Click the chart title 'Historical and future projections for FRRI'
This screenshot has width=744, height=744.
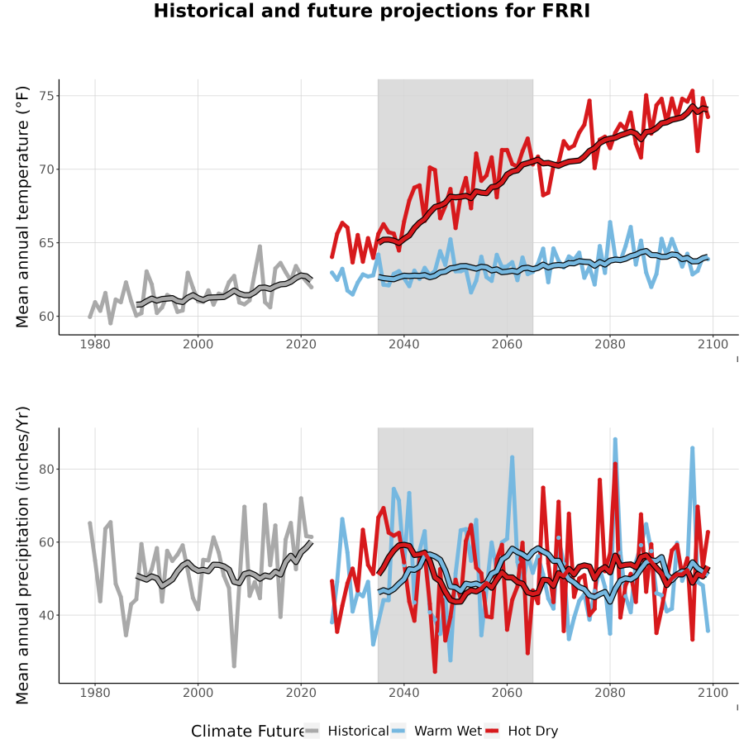tap(371, 11)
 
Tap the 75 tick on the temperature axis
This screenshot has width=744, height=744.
tap(47, 96)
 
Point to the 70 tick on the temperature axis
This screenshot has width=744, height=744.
tap(47, 169)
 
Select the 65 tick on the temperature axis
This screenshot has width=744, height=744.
tap(47, 243)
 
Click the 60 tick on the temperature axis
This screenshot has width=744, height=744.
tap(47, 317)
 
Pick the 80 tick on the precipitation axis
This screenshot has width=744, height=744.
tap(47, 469)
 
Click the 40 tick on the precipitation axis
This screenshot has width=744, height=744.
tap(47, 615)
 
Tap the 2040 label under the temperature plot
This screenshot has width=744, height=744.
tap(403, 345)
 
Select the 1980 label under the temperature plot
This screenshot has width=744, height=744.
tap(95, 345)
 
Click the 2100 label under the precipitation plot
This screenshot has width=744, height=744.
tap(713, 693)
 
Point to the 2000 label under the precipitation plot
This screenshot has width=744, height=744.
tap(198, 693)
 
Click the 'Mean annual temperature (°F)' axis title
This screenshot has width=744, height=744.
tap(22, 207)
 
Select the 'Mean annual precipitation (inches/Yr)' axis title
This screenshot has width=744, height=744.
tap(22, 556)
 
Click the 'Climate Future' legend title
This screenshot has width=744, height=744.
tap(248, 732)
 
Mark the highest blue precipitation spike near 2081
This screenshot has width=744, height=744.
tap(615, 440)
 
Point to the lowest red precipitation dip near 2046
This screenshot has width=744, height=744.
tap(435, 671)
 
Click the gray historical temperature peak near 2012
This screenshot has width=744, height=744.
tap(260, 246)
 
